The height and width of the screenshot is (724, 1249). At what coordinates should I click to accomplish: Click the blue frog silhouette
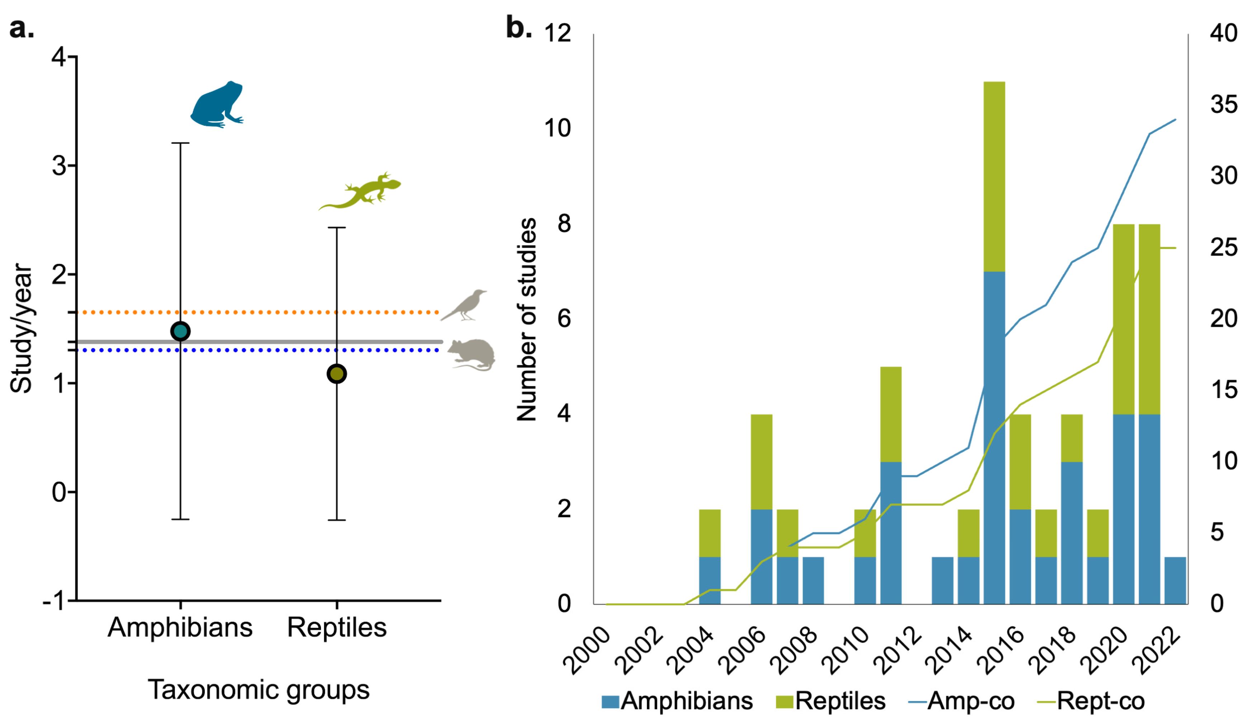217,105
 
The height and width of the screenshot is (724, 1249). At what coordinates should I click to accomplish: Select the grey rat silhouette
472,354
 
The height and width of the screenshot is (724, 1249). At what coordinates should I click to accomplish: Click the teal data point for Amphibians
180,331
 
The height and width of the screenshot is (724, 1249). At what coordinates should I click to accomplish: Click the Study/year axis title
21,328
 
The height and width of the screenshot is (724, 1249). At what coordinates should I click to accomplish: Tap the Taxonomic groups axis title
258,690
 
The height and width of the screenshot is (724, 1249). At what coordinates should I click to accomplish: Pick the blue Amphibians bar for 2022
1175,580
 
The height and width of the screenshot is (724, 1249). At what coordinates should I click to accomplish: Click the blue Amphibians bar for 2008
813,580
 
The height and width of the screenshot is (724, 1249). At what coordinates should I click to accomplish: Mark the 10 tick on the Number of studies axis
558,128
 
